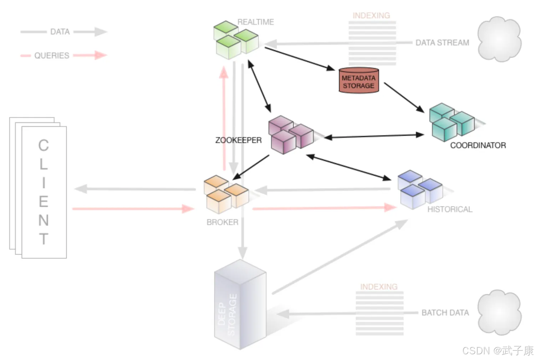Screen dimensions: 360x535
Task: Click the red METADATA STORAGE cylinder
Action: tap(358, 81)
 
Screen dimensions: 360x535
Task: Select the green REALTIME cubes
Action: tap(235, 40)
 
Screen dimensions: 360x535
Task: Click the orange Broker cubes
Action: tap(226, 194)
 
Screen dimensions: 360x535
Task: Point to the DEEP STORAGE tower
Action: tap(240, 305)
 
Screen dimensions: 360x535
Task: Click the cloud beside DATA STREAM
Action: tap(499, 39)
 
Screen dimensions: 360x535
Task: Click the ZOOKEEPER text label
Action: tap(238, 140)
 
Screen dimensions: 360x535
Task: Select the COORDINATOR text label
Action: tap(478, 145)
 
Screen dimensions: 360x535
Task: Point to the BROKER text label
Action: tap(222, 222)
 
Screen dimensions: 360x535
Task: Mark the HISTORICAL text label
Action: tap(450, 209)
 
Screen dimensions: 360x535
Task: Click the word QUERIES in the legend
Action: tap(52, 56)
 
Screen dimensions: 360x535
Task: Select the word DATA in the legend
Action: tap(60, 32)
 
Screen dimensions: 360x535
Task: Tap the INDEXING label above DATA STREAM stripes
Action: tap(371, 16)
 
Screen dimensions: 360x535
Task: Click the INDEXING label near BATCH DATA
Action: tap(379, 287)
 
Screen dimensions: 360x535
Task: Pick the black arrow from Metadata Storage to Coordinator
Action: tap(403, 97)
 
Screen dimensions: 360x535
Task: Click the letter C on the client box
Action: tap(44, 145)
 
